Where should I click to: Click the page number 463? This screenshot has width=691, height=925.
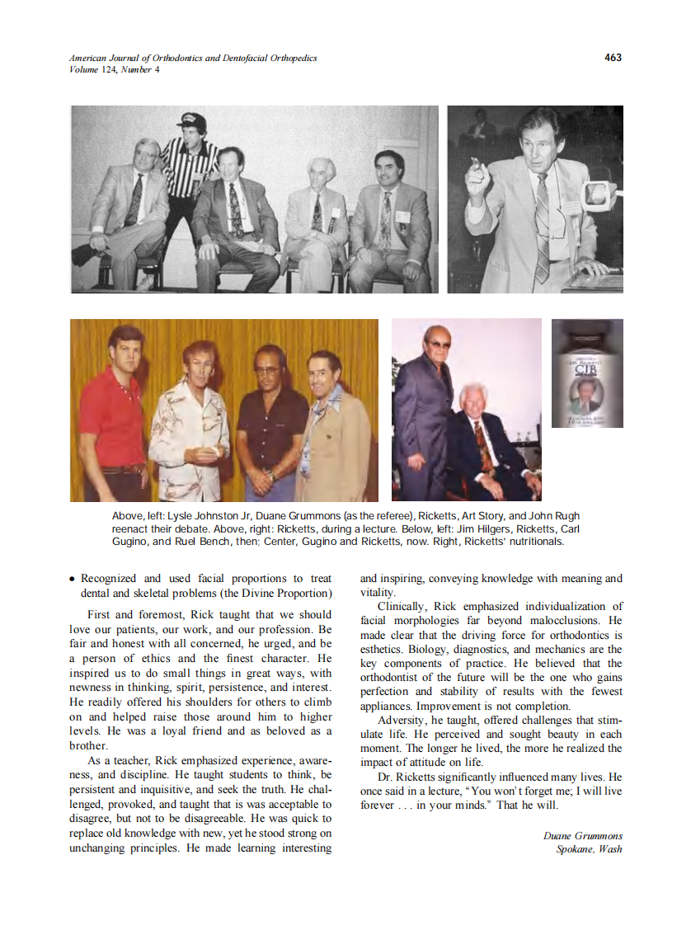coord(612,58)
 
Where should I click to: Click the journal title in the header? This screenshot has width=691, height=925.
coord(193,59)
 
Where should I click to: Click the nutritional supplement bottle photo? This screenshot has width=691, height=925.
coord(587,373)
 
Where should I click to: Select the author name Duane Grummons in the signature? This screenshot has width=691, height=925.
coord(582,836)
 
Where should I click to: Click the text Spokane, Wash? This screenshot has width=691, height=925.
coord(589,849)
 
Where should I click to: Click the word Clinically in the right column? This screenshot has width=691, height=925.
coord(402,607)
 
